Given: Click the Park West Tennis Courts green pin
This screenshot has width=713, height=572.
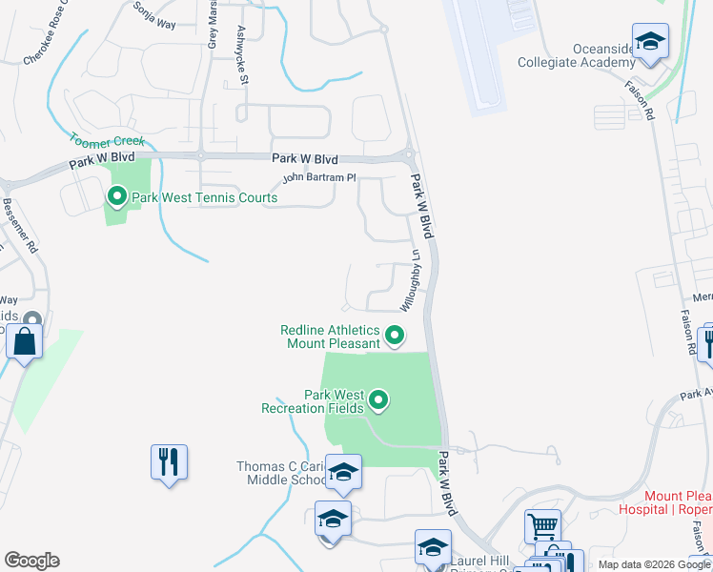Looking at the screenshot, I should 117,197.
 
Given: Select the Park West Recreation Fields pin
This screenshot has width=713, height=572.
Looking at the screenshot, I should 378,400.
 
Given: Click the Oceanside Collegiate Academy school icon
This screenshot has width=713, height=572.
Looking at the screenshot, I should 651,41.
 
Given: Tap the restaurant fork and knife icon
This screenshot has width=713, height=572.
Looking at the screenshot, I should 169,462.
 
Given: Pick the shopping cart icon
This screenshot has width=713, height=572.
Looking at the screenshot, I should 542,525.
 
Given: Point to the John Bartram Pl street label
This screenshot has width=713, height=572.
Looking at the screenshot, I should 318,178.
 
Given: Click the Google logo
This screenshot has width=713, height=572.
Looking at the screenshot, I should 31,561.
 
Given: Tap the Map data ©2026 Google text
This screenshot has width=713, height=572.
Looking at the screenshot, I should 654,564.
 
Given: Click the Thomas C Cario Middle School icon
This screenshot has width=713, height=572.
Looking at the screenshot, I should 343,472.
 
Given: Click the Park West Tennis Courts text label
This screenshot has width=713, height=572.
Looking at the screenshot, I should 205,197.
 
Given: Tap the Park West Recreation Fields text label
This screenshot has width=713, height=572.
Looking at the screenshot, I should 313,401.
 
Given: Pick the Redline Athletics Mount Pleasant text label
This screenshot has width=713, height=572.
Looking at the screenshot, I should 329,337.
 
